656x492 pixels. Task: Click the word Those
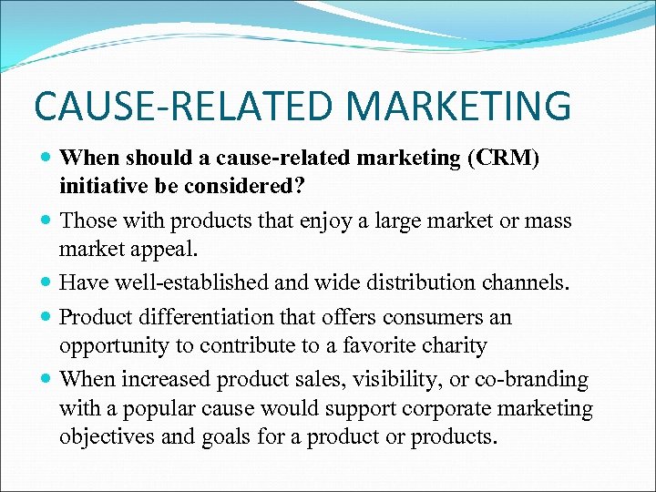tap(87, 221)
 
